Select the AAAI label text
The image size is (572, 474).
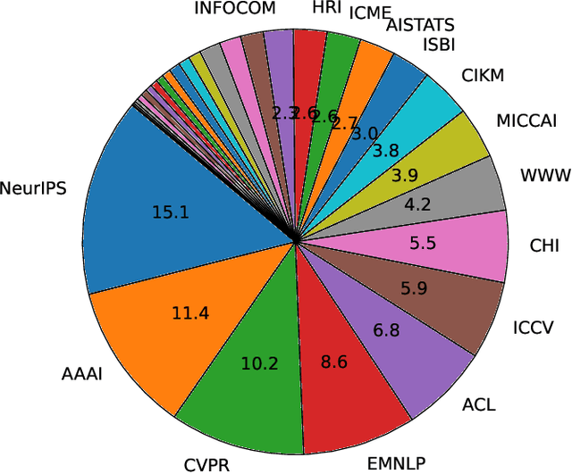click(83, 374)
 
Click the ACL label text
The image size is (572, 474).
click(479, 405)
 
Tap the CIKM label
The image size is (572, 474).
click(483, 77)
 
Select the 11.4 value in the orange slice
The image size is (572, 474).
click(191, 312)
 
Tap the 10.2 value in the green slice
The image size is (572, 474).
click(260, 362)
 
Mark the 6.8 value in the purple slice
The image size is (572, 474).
click(386, 330)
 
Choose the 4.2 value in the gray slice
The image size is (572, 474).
click(417, 204)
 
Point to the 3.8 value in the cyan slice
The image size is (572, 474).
click(385, 150)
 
